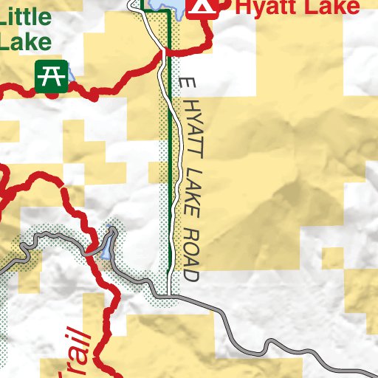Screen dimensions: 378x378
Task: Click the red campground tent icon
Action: tap(202, 7)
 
